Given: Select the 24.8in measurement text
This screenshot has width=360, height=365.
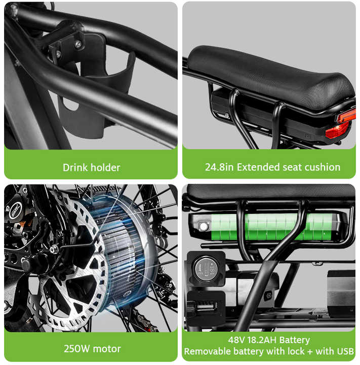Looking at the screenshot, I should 220,167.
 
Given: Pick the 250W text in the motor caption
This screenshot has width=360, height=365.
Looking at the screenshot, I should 76,349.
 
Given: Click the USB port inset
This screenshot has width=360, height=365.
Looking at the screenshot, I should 206,306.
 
